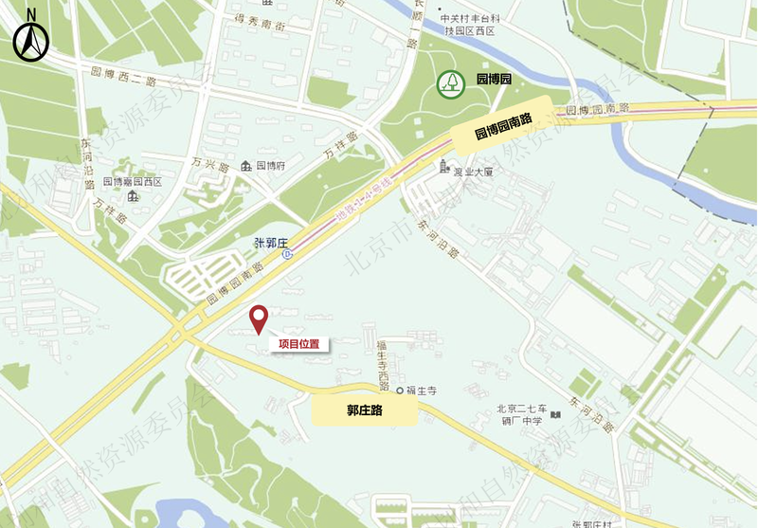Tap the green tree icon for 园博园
[x=451, y=82]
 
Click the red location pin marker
[x=258, y=319]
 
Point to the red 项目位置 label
[x=298, y=344]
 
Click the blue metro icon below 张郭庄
[x=288, y=254]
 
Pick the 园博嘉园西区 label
[x=133, y=181]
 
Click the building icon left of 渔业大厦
[x=443, y=169]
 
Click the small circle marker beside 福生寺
[x=400, y=391]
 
